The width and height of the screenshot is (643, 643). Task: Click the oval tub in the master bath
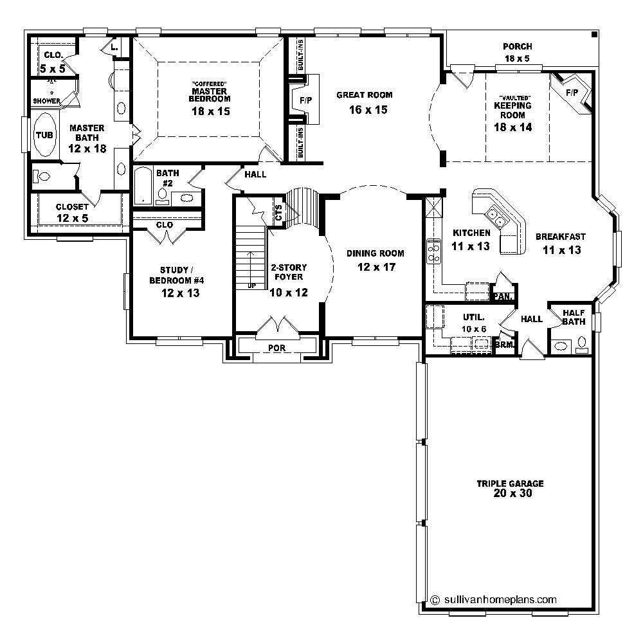point(44,135)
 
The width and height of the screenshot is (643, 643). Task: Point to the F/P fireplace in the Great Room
point(305,100)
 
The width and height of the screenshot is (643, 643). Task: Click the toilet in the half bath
point(583,344)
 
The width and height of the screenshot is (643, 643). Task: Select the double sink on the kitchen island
point(493,215)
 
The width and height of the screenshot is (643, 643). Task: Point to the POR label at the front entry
point(277,348)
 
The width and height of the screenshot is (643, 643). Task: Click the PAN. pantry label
point(502,297)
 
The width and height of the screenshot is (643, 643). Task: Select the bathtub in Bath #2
point(143,186)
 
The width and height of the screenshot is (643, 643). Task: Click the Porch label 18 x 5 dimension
point(518,59)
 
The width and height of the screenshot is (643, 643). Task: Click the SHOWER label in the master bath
point(46,101)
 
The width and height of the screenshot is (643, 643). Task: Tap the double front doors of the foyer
point(276,327)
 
